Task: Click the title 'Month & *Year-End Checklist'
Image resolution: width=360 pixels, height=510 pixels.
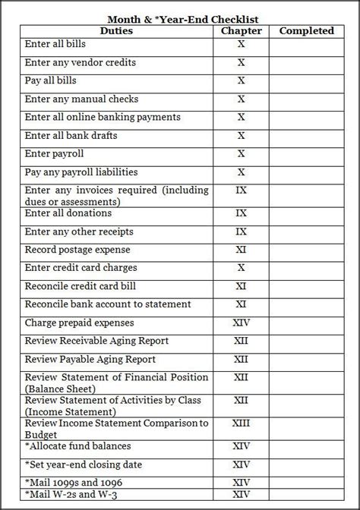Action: tap(179, 19)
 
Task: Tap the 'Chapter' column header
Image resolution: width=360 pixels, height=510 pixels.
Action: tap(241, 31)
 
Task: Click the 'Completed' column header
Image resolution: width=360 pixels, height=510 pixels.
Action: tap(306, 31)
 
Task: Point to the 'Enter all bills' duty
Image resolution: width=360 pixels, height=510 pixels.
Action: tap(55, 45)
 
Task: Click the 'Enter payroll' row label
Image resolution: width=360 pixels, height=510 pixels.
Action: tap(54, 154)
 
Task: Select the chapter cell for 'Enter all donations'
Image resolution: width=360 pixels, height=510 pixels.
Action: tap(241, 213)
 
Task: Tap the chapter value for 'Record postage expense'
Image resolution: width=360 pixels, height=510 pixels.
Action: tap(241, 250)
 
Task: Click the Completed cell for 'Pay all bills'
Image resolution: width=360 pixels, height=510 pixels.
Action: tap(306, 80)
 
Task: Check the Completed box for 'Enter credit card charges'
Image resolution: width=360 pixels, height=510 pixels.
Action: tap(306, 268)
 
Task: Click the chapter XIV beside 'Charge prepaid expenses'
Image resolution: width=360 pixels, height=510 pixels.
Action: tap(241, 323)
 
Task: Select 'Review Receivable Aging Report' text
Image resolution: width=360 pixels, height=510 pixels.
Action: tap(96, 341)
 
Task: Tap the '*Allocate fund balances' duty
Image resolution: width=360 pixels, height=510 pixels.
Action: tap(77, 446)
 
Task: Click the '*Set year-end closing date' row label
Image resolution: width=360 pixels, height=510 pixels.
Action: tap(84, 464)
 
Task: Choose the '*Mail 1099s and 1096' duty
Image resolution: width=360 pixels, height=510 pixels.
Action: tap(73, 483)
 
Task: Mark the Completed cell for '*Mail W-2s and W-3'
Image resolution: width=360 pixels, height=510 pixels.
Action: tap(306, 494)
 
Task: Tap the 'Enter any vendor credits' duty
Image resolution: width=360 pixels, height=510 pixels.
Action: tap(81, 62)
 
